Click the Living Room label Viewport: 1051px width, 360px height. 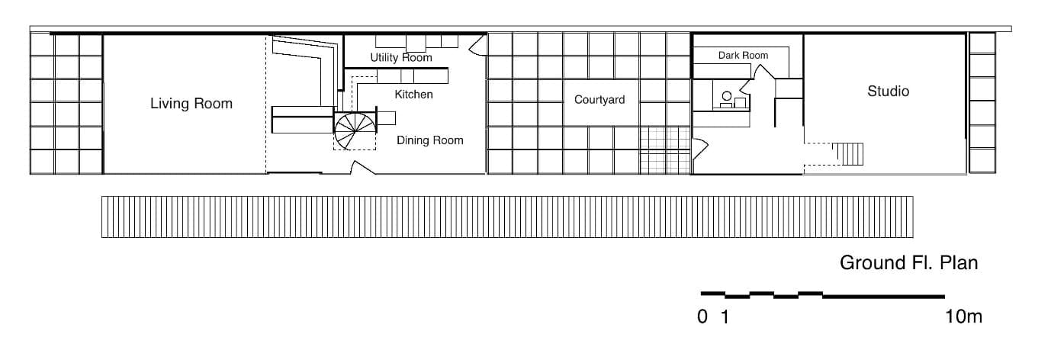(191, 103)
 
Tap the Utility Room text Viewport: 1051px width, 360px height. (400, 57)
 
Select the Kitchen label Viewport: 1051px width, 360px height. (413, 95)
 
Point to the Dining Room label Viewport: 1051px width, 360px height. (429, 140)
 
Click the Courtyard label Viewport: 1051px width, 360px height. (599, 100)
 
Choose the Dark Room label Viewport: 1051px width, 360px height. (743, 55)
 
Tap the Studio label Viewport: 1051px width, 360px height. (888, 92)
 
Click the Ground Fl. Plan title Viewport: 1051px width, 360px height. (908, 263)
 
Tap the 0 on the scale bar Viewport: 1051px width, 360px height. (702, 317)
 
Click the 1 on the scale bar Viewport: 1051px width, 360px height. (725, 317)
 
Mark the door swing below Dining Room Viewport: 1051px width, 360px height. (362, 168)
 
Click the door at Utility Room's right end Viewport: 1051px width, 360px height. (477, 47)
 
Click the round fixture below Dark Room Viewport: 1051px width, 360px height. (726, 96)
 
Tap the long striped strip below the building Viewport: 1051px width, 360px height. (507, 217)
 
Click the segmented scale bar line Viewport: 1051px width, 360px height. (822, 294)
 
